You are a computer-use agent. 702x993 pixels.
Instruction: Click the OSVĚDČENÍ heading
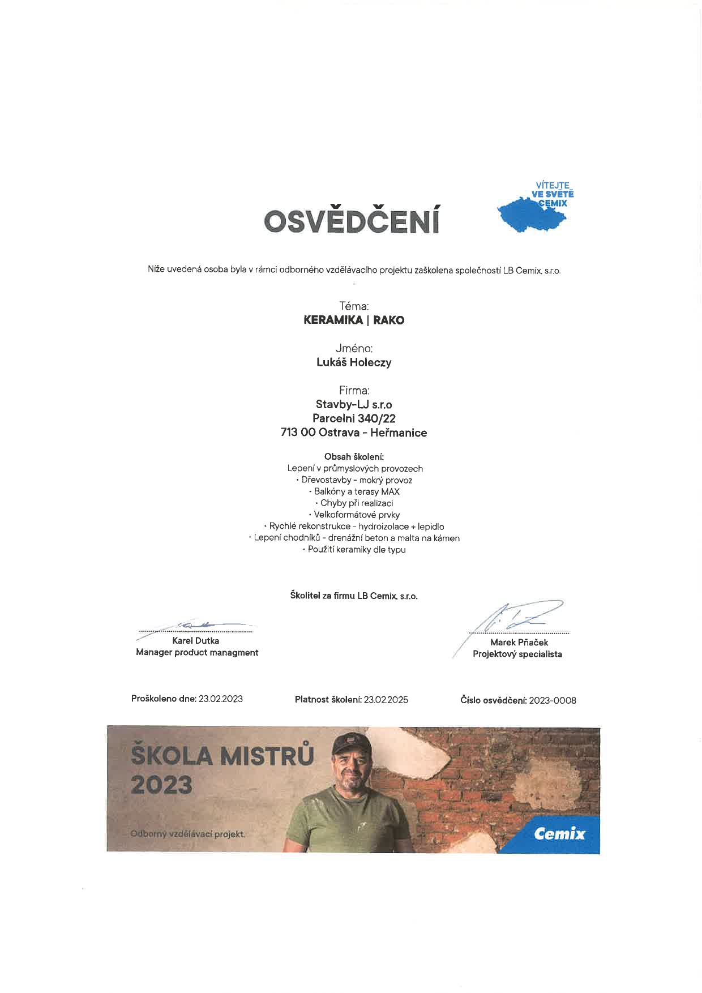[352, 221]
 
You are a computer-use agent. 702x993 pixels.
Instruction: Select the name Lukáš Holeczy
[354, 362]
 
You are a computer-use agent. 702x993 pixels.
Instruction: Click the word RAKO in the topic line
[388, 320]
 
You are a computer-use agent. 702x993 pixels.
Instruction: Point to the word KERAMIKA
[333, 320]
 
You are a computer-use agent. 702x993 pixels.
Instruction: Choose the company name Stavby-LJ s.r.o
[354, 404]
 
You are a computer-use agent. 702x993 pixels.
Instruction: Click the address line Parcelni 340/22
[354, 418]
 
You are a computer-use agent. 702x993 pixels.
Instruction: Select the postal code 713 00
[298, 433]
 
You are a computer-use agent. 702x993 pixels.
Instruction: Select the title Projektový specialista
[517, 654]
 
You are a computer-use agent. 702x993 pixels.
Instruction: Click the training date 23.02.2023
[220, 699]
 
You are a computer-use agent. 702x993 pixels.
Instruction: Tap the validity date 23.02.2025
[386, 699]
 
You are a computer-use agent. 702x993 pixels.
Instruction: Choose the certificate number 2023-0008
[552, 700]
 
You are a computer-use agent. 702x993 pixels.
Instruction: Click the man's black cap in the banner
[350, 742]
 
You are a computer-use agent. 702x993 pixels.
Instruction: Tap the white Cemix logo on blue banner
[559, 833]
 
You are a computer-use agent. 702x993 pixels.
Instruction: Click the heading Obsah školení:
[354, 456]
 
